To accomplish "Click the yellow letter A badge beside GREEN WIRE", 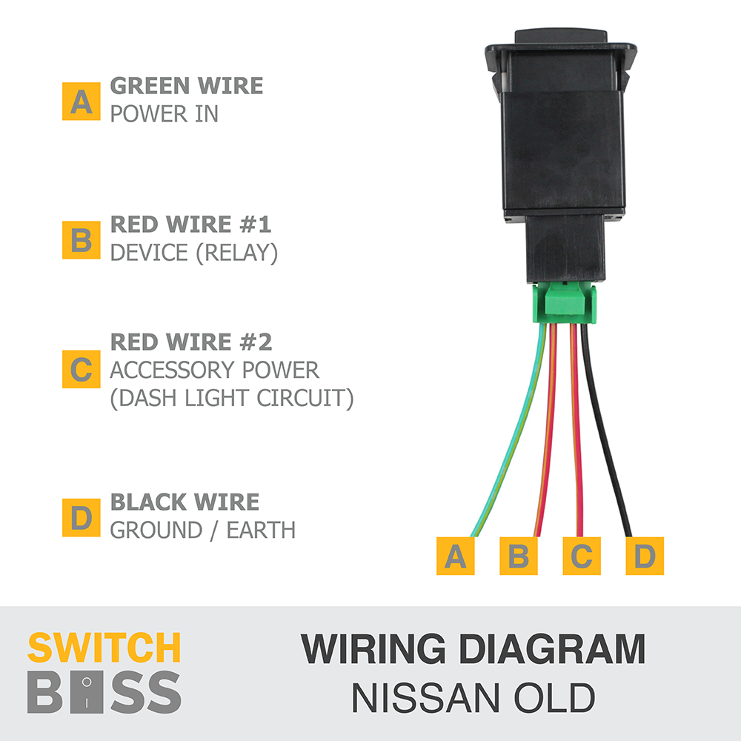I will [x=81, y=102].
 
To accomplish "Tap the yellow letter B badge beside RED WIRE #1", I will [x=81, y=240].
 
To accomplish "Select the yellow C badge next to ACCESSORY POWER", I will [x=81, y=369].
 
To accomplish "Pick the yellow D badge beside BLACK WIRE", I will [x=81, y=517].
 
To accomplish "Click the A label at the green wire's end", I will [x=455, y=556].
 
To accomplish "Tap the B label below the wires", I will [x=518, y=556].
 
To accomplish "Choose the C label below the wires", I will [x=582, y=556].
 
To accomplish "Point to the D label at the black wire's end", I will [x=645, y=556].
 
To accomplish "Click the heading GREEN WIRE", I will [x=186, y=86].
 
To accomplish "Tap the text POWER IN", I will [x=164, y=114].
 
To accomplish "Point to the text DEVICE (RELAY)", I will [x=193, y=253].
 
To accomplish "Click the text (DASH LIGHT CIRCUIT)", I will [x=231, y=398].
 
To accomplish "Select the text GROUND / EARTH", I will [x=202, y=530].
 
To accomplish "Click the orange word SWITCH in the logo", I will [x=104, y=648].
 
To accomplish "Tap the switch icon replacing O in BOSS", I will [x=87, y=692].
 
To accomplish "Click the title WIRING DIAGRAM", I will [x=473, y=649].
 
